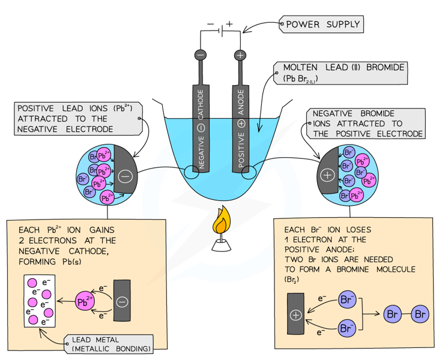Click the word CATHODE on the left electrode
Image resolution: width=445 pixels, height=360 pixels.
[x=201, y=104]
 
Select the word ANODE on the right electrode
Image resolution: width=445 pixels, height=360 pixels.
[x=241, y=102]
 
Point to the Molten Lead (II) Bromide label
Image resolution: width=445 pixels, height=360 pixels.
[x=341, y=73]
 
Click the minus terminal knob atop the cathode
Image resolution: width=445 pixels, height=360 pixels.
[x=201, y=55]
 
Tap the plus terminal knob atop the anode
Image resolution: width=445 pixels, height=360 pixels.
[x=240, y=55]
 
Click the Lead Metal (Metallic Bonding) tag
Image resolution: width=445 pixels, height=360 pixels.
[x=109, y=344]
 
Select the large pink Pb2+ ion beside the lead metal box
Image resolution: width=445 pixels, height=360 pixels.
[x=84, y=301]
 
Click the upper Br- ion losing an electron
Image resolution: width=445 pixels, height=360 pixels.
[x=347, y=299]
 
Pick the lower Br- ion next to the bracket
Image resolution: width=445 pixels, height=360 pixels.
[x=347, y=328]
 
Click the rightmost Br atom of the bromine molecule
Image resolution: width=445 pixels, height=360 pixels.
[x=420, y=314]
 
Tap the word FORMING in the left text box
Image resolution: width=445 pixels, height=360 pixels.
[x=37, y=262]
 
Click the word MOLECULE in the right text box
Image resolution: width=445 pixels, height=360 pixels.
[x=396, y=269]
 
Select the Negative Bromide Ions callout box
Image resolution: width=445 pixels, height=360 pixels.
[x=366, y=124]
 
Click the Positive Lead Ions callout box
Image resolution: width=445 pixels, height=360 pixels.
[x=78, y=119]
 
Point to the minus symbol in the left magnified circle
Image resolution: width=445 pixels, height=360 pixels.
[x=125, y=176]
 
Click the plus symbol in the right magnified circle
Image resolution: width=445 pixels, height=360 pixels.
[x=327, y=175]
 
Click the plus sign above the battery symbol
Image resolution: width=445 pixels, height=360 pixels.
[x=229, y=24]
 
